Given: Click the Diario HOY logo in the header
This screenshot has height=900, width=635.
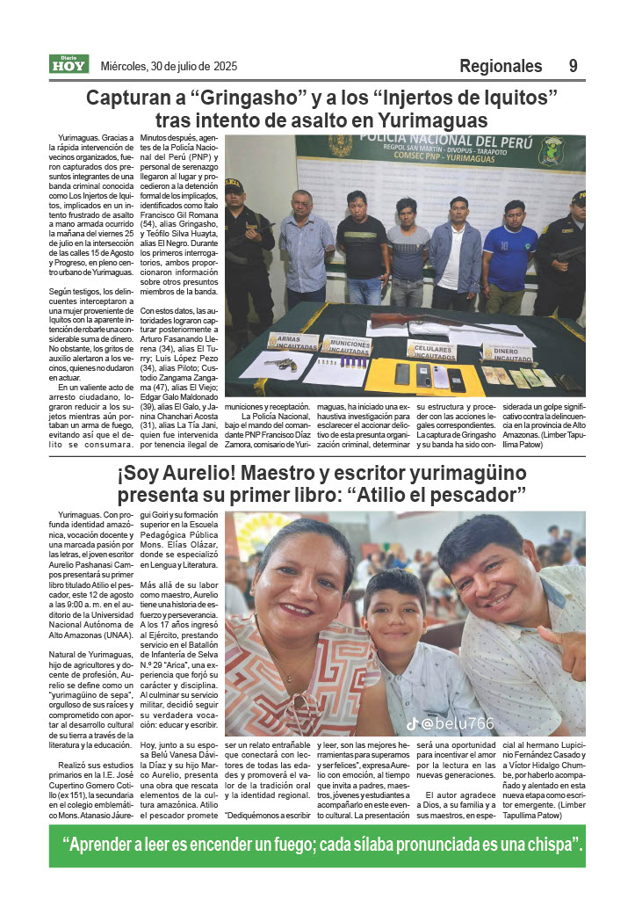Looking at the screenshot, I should coord(69,64).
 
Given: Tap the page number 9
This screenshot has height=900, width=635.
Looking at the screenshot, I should coord(573,66).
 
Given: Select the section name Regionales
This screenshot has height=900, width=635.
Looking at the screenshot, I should coord(501,66).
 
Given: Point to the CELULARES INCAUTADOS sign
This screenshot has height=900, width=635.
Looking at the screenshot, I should coord(430,350).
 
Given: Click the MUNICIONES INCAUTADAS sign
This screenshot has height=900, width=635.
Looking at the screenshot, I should coord(346,345).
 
